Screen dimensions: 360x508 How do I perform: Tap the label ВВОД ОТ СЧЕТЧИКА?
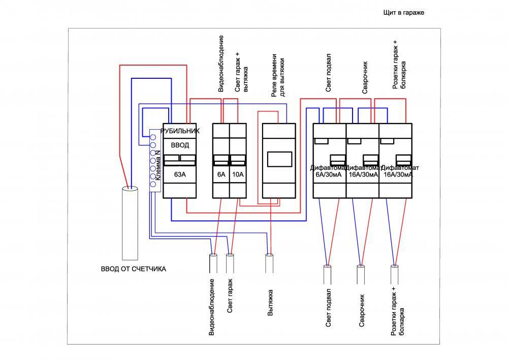[x=133, y=269]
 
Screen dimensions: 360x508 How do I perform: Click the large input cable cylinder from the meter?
[x=130, y=224]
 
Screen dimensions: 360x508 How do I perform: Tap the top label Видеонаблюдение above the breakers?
[x=221, y=64]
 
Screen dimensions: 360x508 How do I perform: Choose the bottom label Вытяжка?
[x=271, y=303]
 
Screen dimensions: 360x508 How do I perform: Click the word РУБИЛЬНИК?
[x=180, y=131]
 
